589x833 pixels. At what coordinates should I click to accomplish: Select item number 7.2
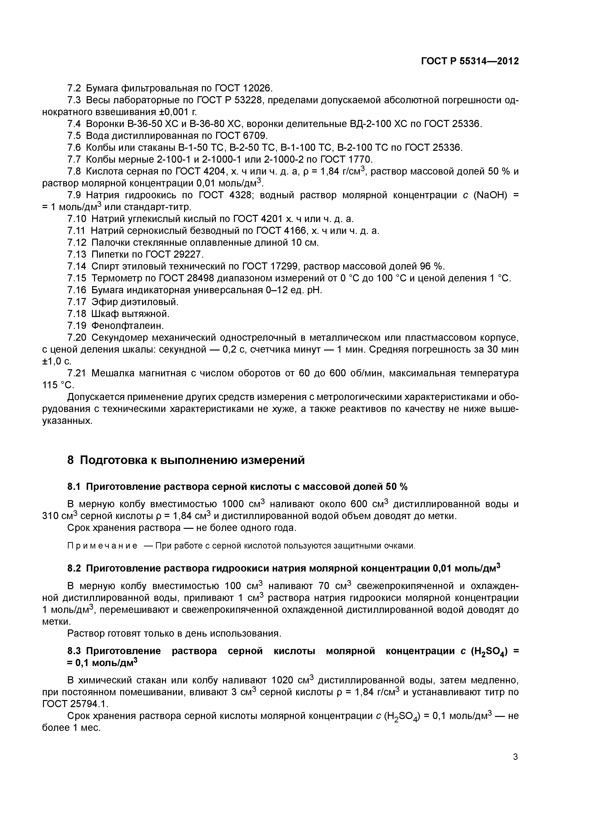(74, 88)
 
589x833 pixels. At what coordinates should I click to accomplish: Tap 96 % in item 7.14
(432, 266)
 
